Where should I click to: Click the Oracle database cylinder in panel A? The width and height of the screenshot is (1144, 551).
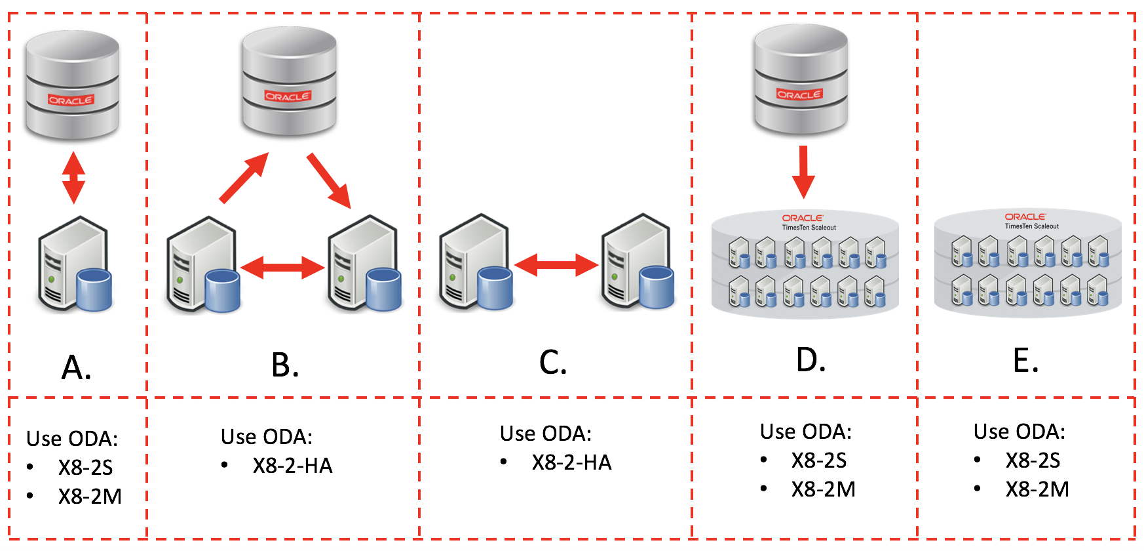tap(72, 85)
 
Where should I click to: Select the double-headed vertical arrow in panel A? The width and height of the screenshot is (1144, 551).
tap(73, 178)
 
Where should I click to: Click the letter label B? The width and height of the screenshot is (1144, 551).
tap(285, 365)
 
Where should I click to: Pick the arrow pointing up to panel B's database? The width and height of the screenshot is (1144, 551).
tap(244, 178)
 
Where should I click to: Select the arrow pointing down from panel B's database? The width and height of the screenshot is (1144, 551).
tap(329, 180)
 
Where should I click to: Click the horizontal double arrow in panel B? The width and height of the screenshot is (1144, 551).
tap(282, 267)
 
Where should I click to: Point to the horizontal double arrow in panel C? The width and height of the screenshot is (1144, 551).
tap(556, 264)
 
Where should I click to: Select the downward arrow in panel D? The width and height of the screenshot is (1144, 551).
tap(803, 172)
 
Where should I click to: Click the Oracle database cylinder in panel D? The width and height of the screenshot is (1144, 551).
tap(801, 80)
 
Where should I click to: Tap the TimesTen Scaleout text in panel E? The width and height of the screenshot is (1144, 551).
tap(1031, 226)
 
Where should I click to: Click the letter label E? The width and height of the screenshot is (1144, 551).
tap(1025, 361)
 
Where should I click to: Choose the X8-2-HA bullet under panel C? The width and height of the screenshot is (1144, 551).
tap(571, 462)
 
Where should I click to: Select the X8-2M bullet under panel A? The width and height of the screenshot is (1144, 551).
tap(90, 497)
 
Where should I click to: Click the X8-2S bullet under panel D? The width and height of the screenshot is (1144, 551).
tap(818, 460)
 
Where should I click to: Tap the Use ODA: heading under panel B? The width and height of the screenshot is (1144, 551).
tap(267, 437)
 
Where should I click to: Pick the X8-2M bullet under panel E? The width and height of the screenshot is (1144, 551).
tap(1037, 489)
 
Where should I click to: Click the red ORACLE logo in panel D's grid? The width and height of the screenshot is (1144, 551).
tap(803, 218)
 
